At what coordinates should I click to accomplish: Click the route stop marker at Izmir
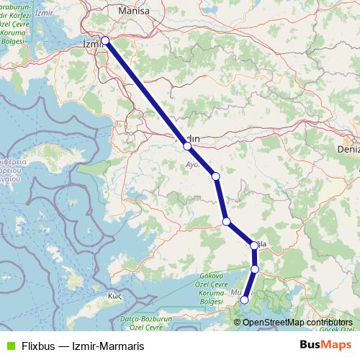click(x=105, y=40)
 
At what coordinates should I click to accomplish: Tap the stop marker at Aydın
click(x=187, y=146)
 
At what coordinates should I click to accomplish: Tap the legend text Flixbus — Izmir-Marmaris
click(x=80, y=346)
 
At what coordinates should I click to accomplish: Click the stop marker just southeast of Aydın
click(x=215, y=176)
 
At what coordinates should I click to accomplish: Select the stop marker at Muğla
click(x=254, y=246)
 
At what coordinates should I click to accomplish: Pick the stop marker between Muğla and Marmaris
click(x=255, y=269)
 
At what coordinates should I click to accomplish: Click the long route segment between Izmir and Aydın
click(x=146, y=94)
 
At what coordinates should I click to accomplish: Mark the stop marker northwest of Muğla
click(x=227, y=222)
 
